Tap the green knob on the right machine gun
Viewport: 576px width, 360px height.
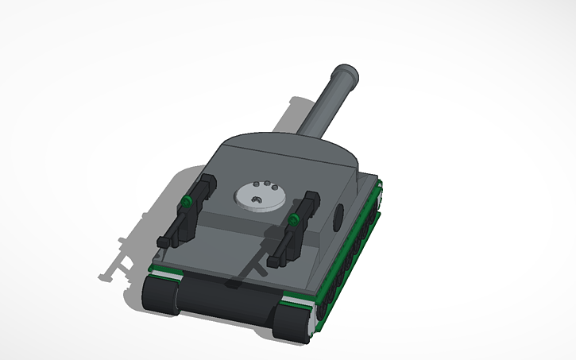294,218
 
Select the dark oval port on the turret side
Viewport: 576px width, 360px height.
339,215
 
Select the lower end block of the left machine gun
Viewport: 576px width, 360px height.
166,239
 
